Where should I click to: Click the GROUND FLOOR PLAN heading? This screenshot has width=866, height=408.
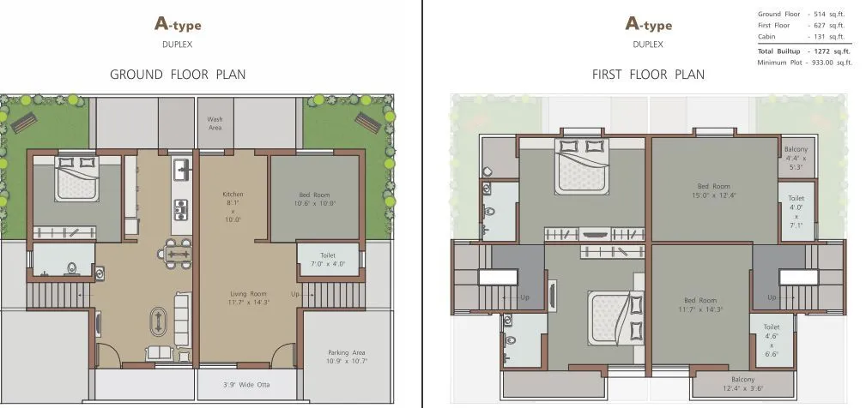178,75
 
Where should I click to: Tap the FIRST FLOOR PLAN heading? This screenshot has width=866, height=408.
648,75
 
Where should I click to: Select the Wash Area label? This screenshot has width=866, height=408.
215,123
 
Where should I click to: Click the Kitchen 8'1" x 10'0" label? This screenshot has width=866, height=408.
233,207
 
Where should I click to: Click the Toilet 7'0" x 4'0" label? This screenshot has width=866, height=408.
327,261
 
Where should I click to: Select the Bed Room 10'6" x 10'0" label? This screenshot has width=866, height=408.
315,198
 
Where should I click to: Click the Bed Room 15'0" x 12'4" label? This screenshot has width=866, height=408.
713,190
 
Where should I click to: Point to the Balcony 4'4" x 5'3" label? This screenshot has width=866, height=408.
796,158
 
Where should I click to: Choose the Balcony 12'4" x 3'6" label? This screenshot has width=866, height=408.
742,385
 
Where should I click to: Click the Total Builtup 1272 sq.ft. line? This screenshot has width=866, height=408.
804,51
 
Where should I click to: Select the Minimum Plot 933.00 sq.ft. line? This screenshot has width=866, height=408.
804,62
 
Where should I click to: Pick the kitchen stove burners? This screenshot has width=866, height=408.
182,207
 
